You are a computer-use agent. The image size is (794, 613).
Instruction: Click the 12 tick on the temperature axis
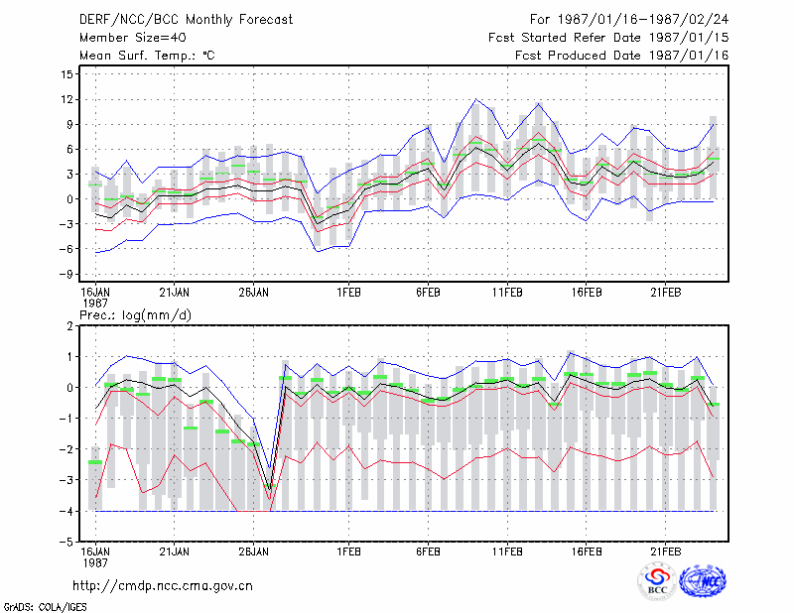coord(66,99)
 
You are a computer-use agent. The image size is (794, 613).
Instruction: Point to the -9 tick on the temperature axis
coord(66,274)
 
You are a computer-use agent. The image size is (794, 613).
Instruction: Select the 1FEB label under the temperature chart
coord(349,293)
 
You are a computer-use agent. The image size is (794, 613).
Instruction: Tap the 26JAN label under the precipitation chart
coord(254,552)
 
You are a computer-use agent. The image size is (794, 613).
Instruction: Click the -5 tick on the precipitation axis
coord(66,542)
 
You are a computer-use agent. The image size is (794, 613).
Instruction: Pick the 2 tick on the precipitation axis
coord(69,326)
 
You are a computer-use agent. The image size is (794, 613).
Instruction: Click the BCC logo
coord(657,581)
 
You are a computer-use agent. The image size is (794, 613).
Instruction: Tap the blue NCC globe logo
coord(703,581)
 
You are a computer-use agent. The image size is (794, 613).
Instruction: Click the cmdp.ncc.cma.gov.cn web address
coord(163,586)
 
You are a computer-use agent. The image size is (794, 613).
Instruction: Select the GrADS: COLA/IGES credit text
coord(45,607)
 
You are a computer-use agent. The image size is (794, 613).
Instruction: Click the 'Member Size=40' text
coord(133,38)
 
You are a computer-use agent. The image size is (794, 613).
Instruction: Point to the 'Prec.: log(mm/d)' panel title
coord(135,315)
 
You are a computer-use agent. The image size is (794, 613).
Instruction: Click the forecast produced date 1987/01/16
coord(689,56)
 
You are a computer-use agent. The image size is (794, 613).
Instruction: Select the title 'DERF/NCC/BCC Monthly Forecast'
coord(186,20)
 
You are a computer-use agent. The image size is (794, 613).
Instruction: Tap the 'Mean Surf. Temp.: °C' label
coord(147,56)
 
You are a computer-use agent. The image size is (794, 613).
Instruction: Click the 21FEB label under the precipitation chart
coord(665,552)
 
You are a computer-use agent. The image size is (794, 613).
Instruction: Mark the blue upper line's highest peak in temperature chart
coord(475,99)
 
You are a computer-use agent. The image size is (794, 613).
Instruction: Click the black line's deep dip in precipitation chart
coord(270,488)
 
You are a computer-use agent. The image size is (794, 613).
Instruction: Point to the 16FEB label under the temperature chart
coord(587,293)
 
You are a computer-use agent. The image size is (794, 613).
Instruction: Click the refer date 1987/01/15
coord(689,38)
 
